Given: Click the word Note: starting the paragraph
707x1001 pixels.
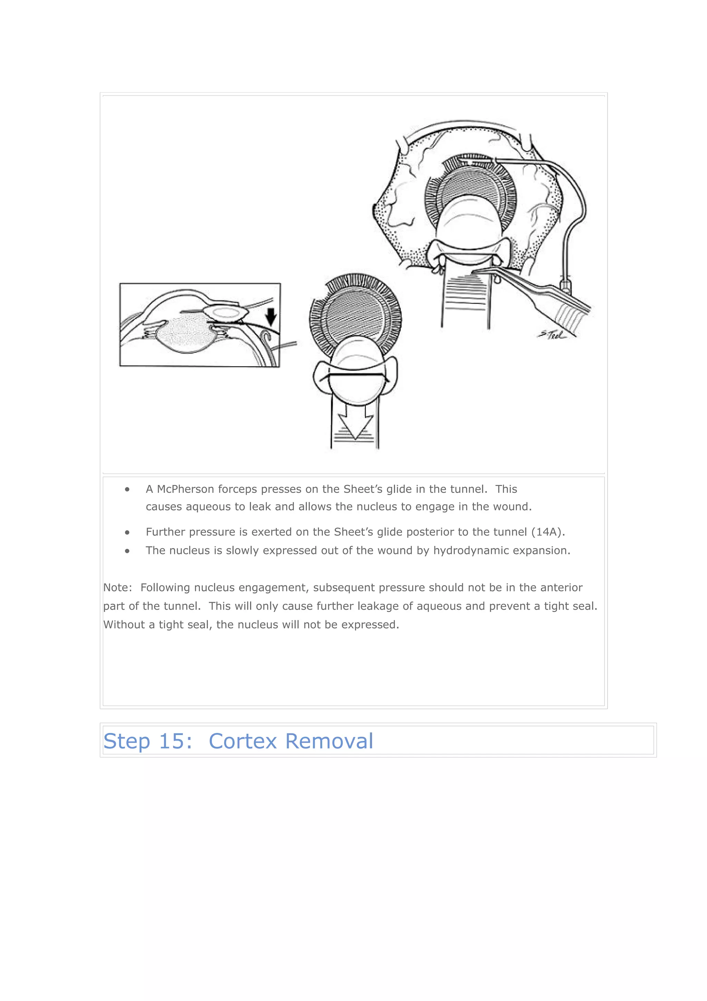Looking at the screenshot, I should [117, 588].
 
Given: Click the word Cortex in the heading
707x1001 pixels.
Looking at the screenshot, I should [243, 741].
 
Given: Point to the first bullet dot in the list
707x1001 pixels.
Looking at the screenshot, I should [127, 489].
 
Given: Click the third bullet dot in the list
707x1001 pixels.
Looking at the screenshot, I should [127, 551].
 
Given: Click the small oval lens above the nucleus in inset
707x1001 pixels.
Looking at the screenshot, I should [225, 312].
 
